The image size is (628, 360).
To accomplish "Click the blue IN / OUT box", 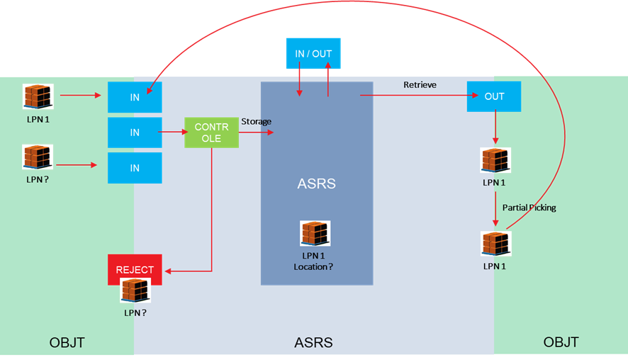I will coord(313,54).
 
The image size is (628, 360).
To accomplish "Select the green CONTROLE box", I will coord(211,133).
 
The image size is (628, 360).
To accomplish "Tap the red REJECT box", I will coord(135,269).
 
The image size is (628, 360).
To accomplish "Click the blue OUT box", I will coord(494,96).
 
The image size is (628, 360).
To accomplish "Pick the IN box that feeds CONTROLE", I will coord(135,133).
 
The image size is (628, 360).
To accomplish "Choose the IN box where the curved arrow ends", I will coord(135,97).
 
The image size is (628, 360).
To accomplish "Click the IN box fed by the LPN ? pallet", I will coord(135,168).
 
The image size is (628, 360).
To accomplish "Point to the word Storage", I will coord(256,122).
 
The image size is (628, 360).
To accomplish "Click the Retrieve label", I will coord(420,85).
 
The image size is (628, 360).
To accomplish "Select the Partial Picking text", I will coord(529,208).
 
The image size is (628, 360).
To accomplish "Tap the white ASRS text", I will coord(316,184).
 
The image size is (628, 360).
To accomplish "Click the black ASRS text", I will coord(313,343).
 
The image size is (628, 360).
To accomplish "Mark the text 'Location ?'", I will coord(313,267).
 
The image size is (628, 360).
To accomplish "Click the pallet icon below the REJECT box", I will coord(135,291).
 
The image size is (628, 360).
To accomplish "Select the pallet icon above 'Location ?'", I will coord(315,234).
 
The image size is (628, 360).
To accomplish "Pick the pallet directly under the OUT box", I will coord(495,160).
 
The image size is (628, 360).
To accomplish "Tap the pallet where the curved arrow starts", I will coord(495,244).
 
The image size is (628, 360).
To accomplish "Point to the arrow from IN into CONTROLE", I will coord(173,133).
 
